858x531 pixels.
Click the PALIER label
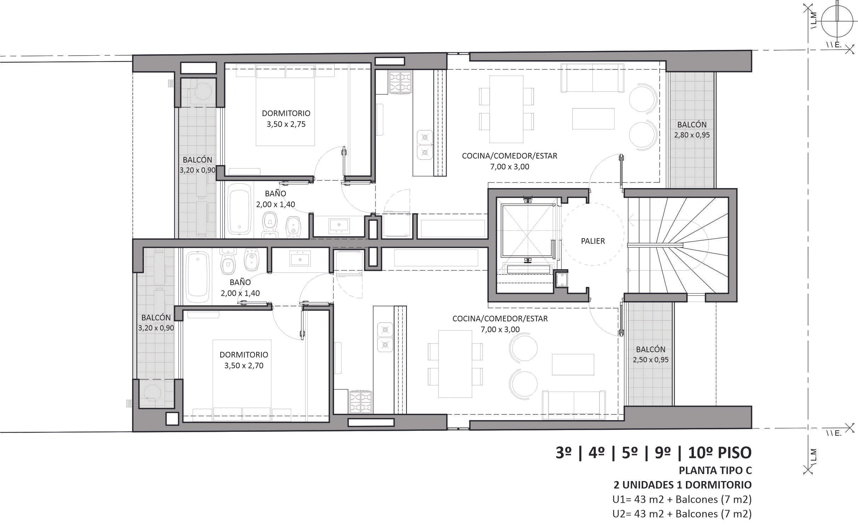(593, 241)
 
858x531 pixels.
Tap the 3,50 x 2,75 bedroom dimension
(286, 124)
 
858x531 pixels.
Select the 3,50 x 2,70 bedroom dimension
(244, 366)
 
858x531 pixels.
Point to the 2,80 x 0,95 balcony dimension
(692, 135)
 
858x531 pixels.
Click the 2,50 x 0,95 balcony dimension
(650, 360)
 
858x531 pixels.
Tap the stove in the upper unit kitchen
(400, 83)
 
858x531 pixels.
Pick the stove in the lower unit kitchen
(361, 402)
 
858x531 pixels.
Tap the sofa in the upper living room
(592, 78)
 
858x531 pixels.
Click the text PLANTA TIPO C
(715, 470)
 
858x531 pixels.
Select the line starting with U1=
(682, 499)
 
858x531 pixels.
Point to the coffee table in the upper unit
(593, 119)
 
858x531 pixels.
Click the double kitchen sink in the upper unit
(425, 145)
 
